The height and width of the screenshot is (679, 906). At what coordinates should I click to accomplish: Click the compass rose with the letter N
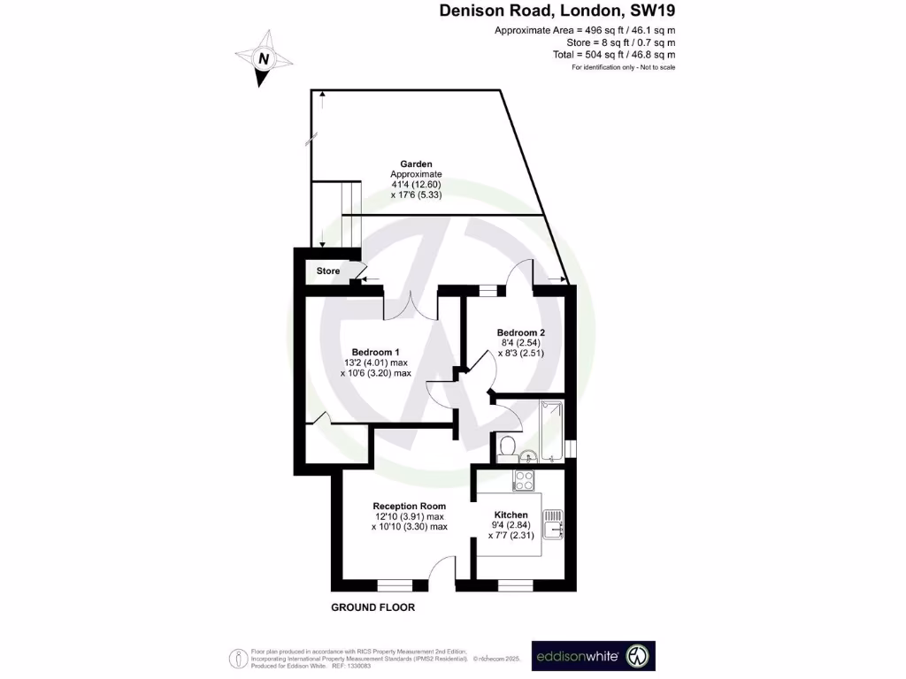point(263,58)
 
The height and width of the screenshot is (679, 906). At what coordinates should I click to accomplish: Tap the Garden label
point(416,164)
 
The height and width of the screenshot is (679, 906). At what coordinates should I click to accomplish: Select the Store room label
point(328,271)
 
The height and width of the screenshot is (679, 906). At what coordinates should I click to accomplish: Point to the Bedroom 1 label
point(375,351)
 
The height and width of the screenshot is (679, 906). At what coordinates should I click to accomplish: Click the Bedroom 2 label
point(520,332)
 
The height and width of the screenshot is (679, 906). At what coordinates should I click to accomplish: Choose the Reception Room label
point(409,506)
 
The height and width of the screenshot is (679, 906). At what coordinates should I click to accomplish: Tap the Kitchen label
point(511,515)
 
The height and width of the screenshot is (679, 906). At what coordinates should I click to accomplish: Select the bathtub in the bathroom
point(550,431)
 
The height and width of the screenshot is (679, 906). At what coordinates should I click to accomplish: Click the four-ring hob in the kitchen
point(524,481)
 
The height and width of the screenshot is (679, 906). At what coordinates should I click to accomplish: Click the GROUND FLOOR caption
point(372,607)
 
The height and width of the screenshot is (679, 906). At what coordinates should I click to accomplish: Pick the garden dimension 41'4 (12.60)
point(416,184)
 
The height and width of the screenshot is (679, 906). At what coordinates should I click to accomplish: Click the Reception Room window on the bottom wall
point(395,584)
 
